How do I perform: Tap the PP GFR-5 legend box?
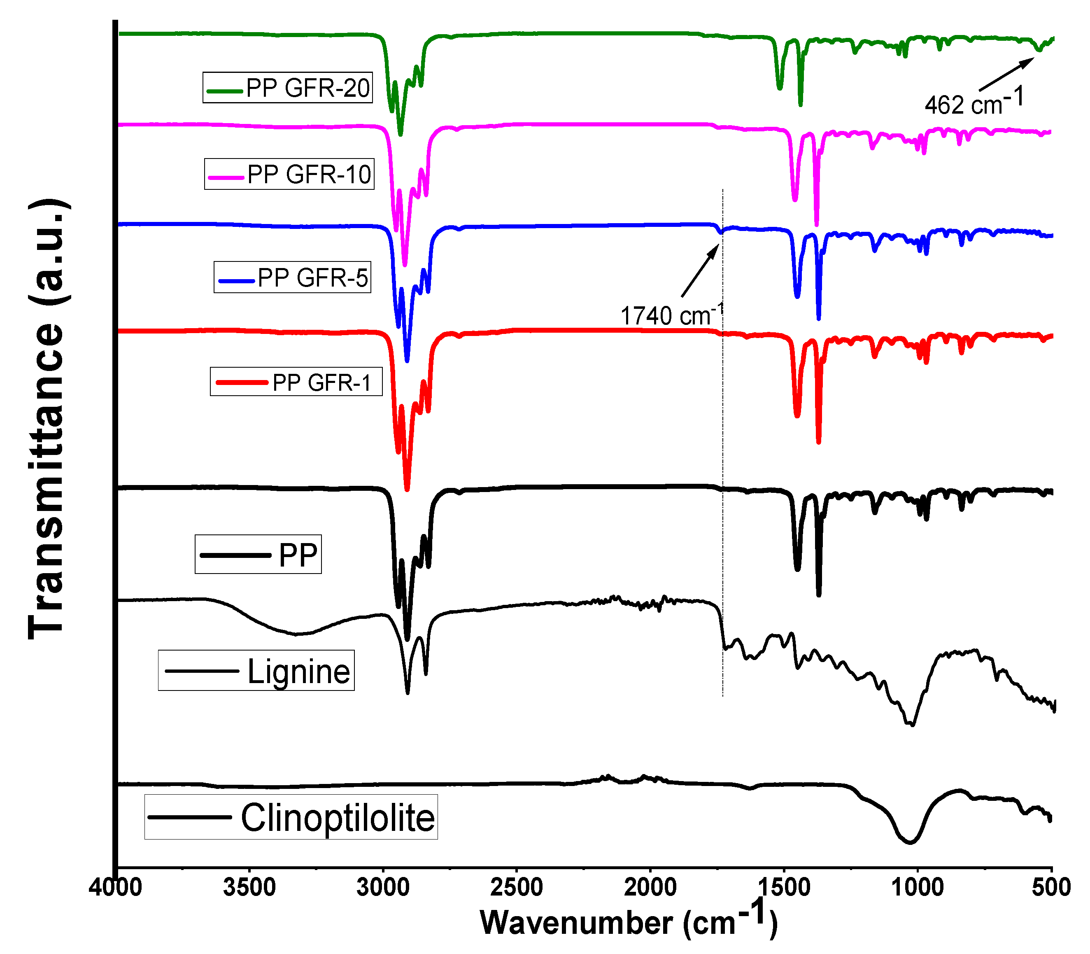292,278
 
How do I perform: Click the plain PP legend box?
258,555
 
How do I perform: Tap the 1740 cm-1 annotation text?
671,315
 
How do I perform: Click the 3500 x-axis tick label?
249,887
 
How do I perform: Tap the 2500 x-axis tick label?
516,887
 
